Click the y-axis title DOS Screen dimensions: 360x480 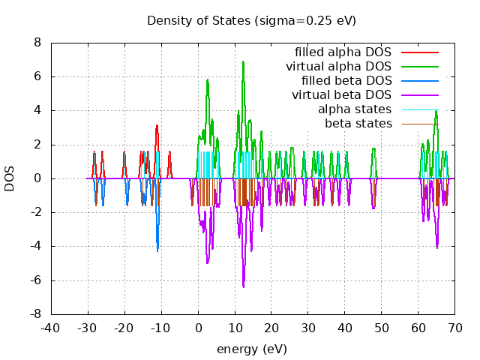[x=10, y=178]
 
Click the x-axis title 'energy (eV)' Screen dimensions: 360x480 [x=251, y=349]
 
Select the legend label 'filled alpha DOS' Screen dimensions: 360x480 [x=343, y=52]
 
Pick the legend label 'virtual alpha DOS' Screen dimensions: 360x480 [x=338, y=67]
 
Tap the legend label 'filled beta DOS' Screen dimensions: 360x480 [x=346, y=81]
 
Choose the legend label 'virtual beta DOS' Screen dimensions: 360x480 [x=341, y=95]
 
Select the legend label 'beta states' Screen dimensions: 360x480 [x=358, y=123]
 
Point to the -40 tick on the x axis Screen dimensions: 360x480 [x=50, y=328]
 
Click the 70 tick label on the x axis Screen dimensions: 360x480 [x=454, y=328]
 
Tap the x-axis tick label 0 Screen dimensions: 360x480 [x=198, y=328]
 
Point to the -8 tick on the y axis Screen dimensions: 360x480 [x=35, y=314]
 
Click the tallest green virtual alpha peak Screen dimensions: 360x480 [x=243, y=61]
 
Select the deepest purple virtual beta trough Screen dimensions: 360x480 [x=243, y=287]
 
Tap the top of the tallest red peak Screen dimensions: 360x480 [x=157, y=125]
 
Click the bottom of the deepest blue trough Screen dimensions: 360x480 [x=157, y=250]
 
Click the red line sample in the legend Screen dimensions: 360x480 [x=419, y=52]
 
